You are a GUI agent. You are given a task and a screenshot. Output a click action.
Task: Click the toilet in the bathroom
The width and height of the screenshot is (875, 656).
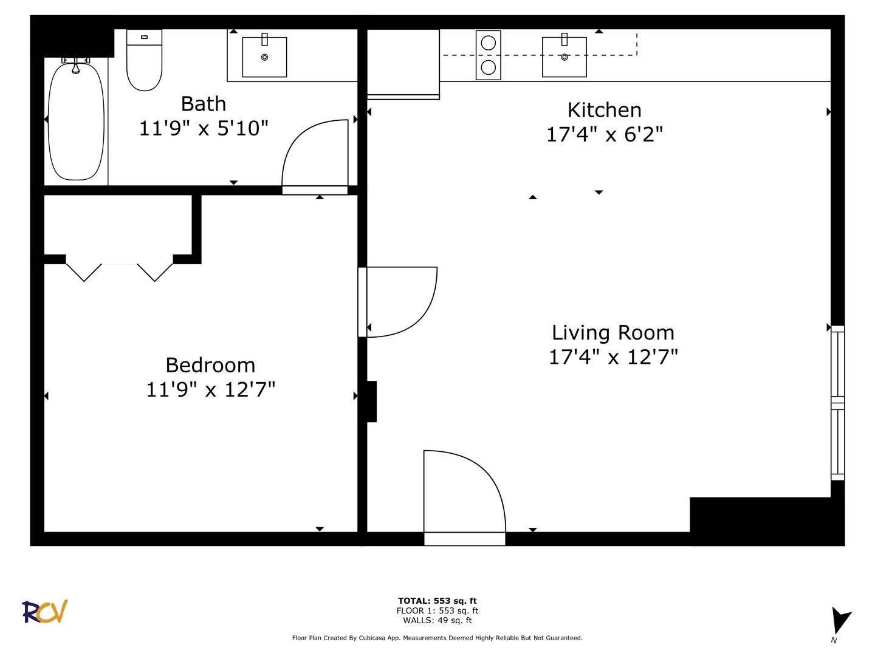click(x=144, y=60)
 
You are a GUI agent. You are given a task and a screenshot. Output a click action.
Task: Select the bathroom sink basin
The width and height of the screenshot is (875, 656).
click(x=265, y=57)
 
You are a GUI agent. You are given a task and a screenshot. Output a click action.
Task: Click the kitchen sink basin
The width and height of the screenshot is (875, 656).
click(x=564, y=57)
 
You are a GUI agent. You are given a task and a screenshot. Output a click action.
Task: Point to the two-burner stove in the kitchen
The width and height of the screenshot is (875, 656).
click(x=489, y=55)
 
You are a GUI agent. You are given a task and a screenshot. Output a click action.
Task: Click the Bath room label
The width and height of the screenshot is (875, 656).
click(x=204, y=104)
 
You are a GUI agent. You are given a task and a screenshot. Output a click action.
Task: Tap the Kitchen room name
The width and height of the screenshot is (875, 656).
click(x=605, y=110)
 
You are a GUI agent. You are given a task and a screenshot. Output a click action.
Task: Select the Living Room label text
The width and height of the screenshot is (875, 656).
click(x=613, y=333)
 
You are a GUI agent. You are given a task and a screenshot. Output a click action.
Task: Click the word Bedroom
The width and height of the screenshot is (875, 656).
click(x=210, y=365)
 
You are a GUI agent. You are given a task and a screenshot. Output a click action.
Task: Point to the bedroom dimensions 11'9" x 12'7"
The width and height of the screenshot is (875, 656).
click(x=210, y=389)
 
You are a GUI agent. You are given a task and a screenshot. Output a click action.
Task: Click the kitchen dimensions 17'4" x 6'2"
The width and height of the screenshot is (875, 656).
click(x=605, y=134)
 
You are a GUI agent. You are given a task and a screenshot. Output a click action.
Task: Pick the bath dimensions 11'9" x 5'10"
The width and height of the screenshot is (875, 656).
click(x=204, y=128)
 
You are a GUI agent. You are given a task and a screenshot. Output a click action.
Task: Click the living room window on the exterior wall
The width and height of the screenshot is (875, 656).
click(x=837, y=403)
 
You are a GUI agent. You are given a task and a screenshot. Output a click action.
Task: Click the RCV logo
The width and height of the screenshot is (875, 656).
click(x=44, y=612)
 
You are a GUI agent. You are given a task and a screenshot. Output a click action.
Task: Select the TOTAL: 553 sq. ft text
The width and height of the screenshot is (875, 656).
click(x=437, y=601)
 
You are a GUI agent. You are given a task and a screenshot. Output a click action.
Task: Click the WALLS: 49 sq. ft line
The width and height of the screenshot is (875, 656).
click(x=437, y=620)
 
